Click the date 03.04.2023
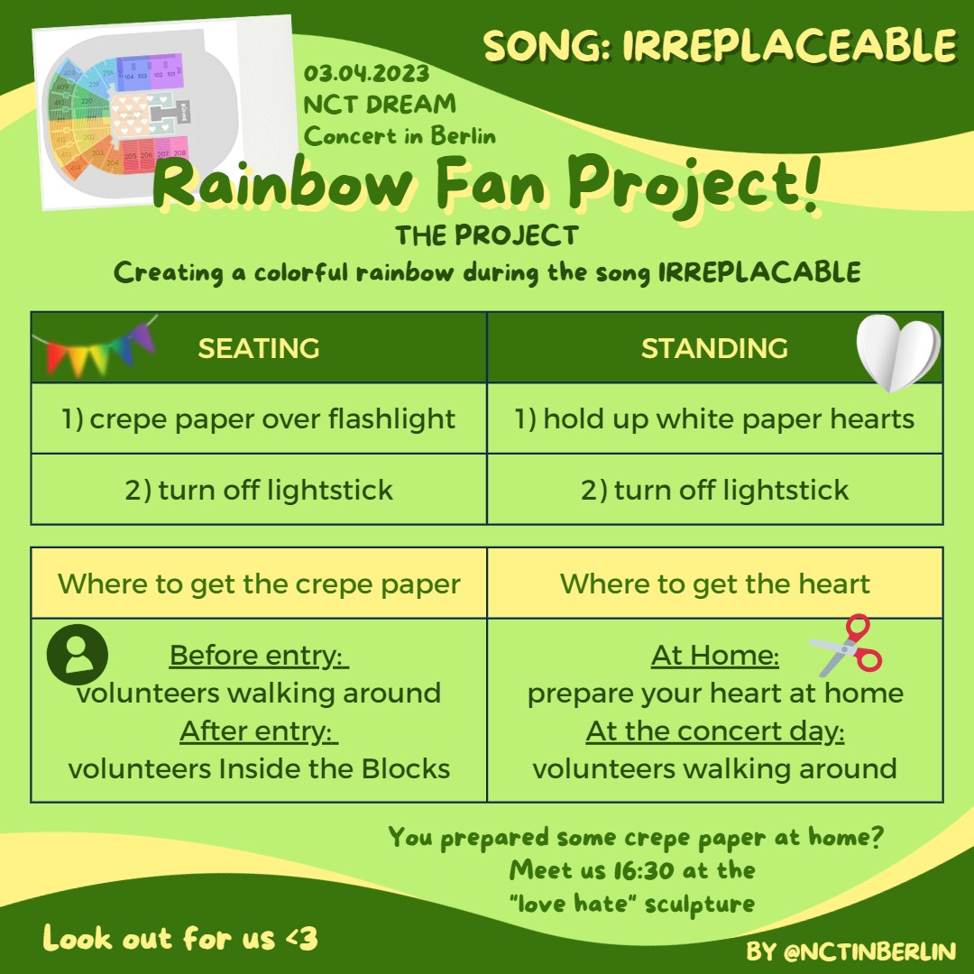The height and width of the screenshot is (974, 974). point(366,73)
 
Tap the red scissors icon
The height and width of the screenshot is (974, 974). point(846,646)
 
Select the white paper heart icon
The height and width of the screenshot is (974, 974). point(897,353)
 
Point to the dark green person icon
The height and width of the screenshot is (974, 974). point(78,653)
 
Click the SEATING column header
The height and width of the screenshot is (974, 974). point(259,348)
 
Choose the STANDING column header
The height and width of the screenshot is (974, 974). point(714,348)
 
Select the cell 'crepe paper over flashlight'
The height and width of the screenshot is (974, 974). point(259,418)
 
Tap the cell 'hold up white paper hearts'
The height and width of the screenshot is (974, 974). point(714,418)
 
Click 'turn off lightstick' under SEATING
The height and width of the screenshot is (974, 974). point(259,490)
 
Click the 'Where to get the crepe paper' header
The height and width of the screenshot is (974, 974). point(259,583)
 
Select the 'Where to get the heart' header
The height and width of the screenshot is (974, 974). point(714,583)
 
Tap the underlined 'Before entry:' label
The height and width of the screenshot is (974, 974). point(259,656)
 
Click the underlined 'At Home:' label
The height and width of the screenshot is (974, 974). point(714,656)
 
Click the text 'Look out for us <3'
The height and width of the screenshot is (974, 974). point(180,939)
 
